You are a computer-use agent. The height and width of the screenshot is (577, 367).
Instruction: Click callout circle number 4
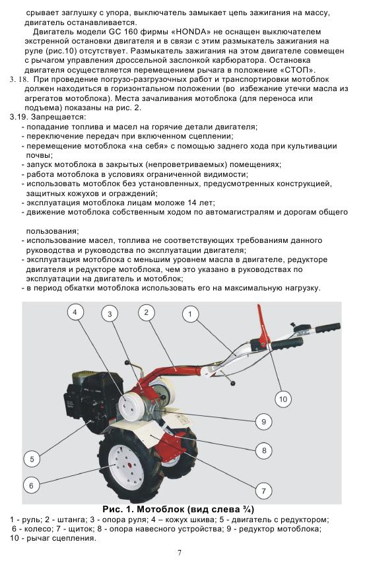pyautogui.click(x=75, y=313)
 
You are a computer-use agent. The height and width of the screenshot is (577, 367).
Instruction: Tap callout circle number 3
pyautogui.click(x=110, y=314)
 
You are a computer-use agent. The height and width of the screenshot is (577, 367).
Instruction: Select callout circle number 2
pyautogui.click(x=147, y=313)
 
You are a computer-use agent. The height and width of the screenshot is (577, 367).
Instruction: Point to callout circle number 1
pyautogui.click(x=190, y=314)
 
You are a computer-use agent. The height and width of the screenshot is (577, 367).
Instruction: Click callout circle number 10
pyautogui.click(x=283, y=399)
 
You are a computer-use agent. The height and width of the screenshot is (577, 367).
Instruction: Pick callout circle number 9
pyautogui.click(x=263, y=422)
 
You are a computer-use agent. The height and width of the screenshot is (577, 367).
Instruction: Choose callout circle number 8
pyautogui.click(x=264, y=450)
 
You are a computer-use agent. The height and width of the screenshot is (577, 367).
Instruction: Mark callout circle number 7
pyautogui.click(x=263, y=491)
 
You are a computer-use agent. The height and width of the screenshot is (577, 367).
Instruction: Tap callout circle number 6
pyautogui.click(x=31, y=486)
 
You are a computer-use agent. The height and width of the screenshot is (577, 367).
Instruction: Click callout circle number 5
pyautogui.click(x=32, y=459)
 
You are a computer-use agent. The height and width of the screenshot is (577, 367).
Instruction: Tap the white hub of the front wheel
pyautogui.click(x=127, y=466)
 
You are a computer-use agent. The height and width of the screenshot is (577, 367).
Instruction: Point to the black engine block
pyautogui.click(x=92, y=395)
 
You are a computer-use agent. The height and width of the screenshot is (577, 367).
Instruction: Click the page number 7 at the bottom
pyautogui.click(x=180, y=553)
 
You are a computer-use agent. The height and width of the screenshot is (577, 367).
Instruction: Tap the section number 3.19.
pyautogui.click(x=18, y=118)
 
